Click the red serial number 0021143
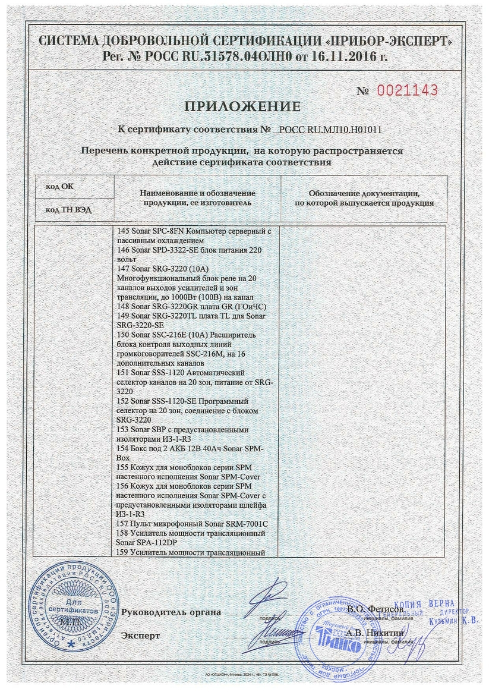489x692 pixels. point(408,90)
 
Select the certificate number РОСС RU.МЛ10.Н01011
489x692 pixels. point(330,129)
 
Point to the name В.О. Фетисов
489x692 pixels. point(376,610)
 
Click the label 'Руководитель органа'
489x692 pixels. point(171,612)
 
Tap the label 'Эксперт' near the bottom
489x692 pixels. point(140,636)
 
